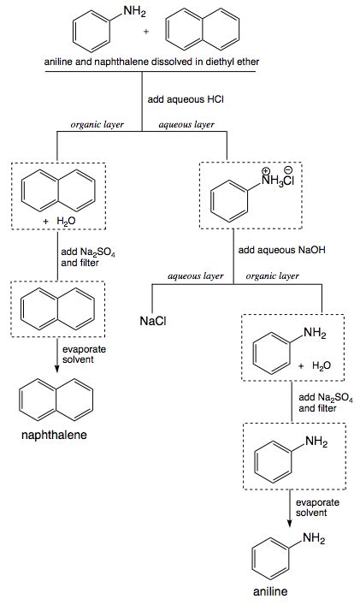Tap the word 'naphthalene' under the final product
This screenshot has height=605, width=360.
(x=54, y=436)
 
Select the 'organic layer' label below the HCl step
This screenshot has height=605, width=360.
(x=97, y=125)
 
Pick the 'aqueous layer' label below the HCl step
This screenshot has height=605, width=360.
(x=186, y=125)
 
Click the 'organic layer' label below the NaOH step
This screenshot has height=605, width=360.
(x=272, y=276)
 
